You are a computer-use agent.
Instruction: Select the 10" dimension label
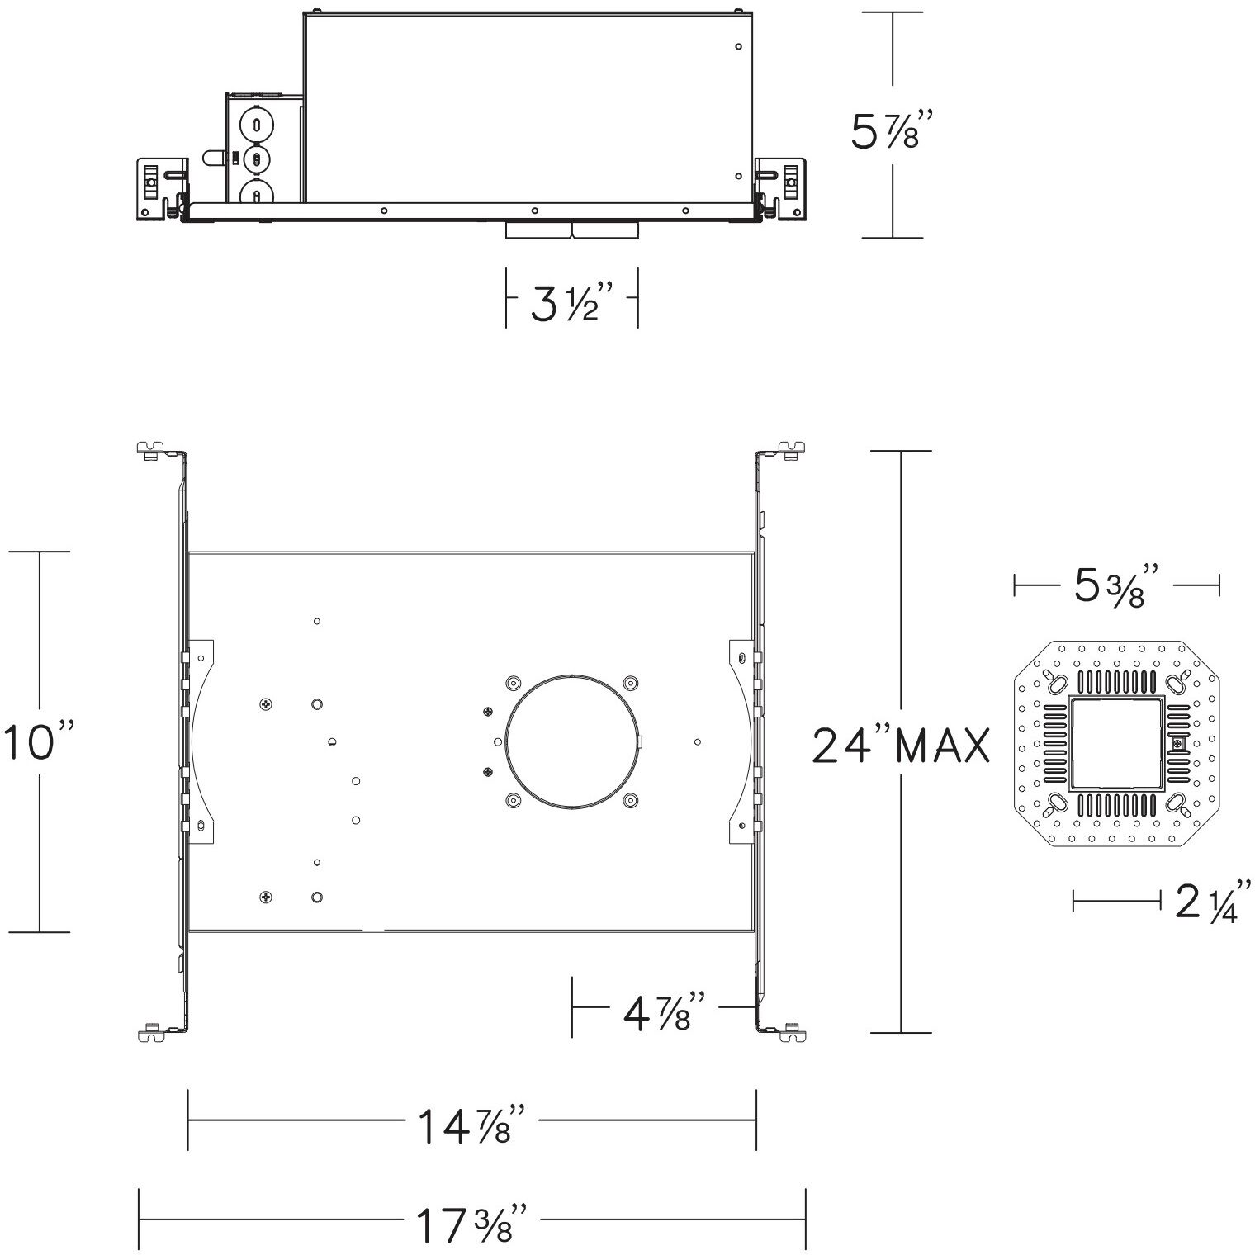click(39, 741)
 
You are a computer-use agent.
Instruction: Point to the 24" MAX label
click(901, 746)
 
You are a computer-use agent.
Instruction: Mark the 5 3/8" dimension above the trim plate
click(1116, 586)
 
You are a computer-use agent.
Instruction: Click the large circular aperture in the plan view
click(572, 741)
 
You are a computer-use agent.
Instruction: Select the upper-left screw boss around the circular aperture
click(513, 683)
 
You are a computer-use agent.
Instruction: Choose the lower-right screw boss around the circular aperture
click(631, 799)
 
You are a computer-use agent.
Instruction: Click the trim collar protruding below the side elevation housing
click(572, 230)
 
